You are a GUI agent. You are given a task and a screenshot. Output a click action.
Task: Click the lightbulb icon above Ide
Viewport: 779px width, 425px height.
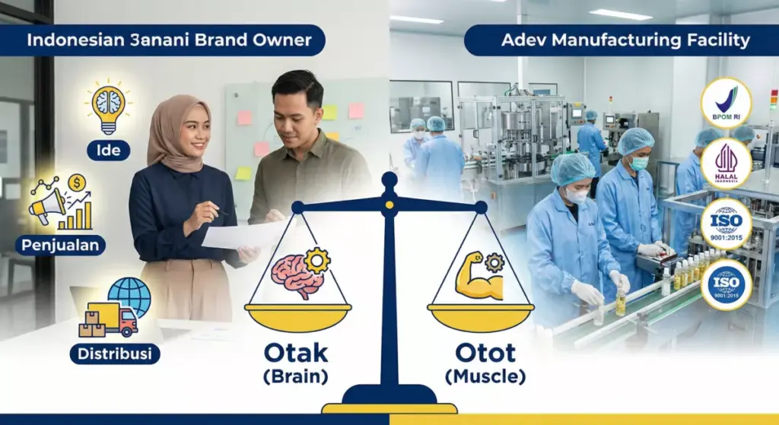[x=109, y=108]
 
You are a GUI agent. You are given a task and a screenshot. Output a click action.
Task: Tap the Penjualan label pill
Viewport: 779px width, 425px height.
[x=60, y=246]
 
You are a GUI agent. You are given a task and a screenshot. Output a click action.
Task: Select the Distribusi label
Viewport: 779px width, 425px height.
[x=114, y=354]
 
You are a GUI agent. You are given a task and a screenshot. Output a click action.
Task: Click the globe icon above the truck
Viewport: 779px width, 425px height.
[x=129, y=296]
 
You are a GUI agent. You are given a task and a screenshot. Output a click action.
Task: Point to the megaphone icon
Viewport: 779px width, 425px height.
[x=47, y=205]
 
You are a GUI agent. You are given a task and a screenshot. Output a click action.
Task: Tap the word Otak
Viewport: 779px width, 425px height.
[x=296, y=354]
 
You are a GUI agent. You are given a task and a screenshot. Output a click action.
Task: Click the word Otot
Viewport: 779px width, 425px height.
[x=485, y=354]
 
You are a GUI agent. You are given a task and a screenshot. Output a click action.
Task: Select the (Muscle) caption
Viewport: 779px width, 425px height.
[x=485, y=376]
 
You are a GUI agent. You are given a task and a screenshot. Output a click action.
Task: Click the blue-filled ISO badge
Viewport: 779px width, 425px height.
[x=726, y=284]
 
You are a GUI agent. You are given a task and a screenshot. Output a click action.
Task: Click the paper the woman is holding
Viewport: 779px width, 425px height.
[x=237, y=235]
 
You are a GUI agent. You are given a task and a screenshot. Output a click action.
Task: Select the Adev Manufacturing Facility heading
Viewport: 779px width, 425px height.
[x=625, y=40]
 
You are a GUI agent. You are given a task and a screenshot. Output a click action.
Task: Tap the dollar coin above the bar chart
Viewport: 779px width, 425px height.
[x=77, y=182]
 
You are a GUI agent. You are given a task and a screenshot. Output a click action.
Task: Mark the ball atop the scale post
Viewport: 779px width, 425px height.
[x=389, y=180]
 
